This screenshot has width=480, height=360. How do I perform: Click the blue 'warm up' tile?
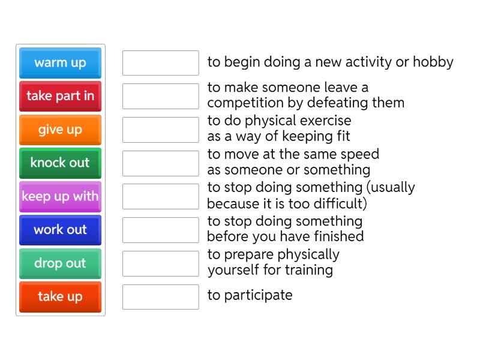tap(60, 63)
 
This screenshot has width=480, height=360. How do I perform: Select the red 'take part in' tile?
tap(60, 96)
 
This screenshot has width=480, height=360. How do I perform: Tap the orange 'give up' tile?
tap(60, 130)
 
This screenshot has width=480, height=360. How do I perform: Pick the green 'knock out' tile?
tap(60, 163)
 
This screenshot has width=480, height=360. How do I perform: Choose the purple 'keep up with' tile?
tap(60, 196)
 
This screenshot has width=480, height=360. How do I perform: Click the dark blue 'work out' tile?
tap(60, 230)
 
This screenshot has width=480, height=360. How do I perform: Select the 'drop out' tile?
tap(60, 263)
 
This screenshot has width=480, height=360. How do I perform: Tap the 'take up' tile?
tap(60, 296)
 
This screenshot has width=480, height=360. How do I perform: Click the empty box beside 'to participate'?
tap(160, 296)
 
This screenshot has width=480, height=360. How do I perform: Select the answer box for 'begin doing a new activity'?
tap(160, 63)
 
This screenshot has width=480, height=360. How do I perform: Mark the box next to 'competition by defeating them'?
tap(160, 96)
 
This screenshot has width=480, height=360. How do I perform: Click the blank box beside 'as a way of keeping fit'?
tap(160, 130)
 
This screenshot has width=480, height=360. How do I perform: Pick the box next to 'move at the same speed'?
tap(160, 163)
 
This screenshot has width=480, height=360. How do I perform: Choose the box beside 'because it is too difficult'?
tap(160, 196)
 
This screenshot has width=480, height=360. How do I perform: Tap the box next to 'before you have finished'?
tap(160, 230)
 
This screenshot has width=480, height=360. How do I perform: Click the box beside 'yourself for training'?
tap(160, 263)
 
